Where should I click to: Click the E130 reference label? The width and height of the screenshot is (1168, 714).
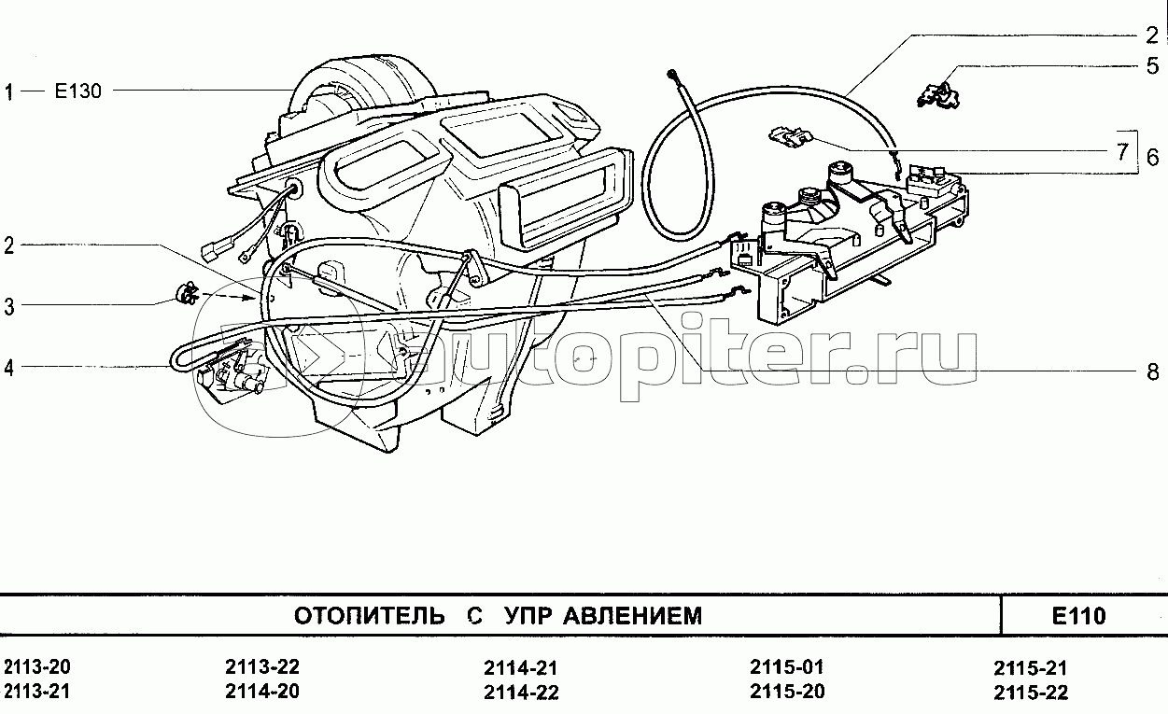[79, 91]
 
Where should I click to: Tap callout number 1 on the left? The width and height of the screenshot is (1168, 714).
[9, 91]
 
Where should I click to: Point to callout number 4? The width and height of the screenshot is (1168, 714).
[9, 368]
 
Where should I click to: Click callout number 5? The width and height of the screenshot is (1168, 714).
[1153, 66]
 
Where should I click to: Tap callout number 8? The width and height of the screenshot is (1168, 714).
[1153, 371]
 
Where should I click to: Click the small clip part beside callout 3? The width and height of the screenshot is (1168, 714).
[187, 293]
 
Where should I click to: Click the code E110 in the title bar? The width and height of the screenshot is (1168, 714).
[1077, 616]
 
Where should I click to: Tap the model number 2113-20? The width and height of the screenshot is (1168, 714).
[37, 667]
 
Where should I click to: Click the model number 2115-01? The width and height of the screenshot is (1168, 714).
[787, 667]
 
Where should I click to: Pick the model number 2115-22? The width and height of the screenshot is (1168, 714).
[1031, 693]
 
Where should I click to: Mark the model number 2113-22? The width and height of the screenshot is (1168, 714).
[262, 667]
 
